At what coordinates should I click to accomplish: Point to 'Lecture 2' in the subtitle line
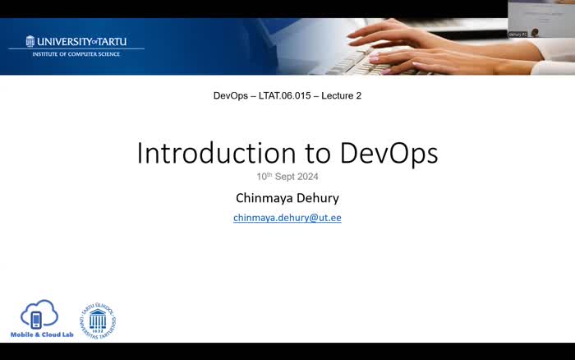point(341,95)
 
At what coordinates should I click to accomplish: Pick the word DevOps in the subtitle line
point(231,95)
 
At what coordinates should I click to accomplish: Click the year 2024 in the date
point(306,177)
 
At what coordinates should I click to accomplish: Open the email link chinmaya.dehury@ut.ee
point(287,218)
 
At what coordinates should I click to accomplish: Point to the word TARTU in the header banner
point(113,41)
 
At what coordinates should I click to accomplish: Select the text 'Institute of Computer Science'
point(76,54)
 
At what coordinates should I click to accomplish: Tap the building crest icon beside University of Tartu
point(30,41)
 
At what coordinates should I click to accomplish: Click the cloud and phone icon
point(39,315)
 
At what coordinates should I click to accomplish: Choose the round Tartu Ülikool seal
point(97,321)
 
